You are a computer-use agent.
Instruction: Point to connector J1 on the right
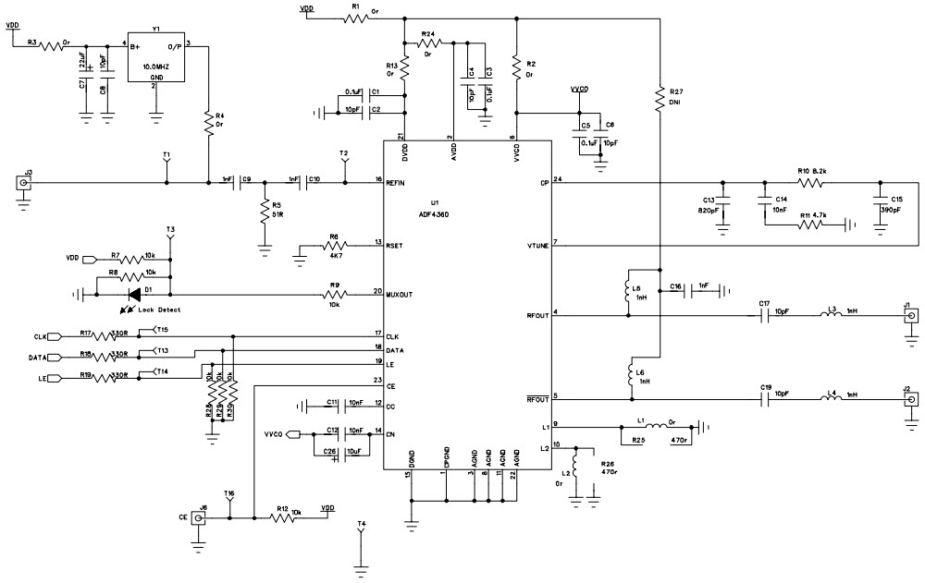coord(910,316)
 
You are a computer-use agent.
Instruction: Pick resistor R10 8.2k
coord(811,183)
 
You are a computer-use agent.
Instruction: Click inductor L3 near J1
coord(832,316)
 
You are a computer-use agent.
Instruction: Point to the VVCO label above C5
coord(580,91)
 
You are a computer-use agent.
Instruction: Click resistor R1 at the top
coord(354,18)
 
